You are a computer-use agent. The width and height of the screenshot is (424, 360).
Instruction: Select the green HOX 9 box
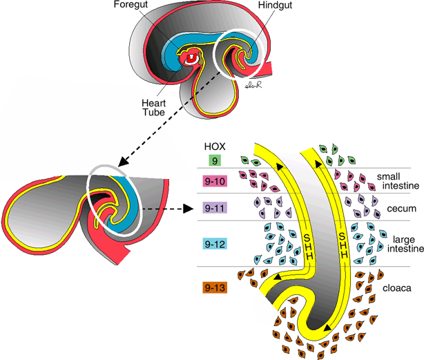[x=215, y=160]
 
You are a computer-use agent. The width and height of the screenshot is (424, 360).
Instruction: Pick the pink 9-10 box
[x=216, y=182]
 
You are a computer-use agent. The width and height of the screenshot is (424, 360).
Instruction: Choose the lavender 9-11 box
[x=216, y=207]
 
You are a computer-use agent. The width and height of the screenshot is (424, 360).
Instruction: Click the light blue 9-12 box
[x=216, y=244]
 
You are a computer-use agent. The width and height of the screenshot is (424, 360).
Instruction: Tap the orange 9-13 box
[x=216, y=286]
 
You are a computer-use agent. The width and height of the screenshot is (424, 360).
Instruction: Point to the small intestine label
[x=393, y=181]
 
